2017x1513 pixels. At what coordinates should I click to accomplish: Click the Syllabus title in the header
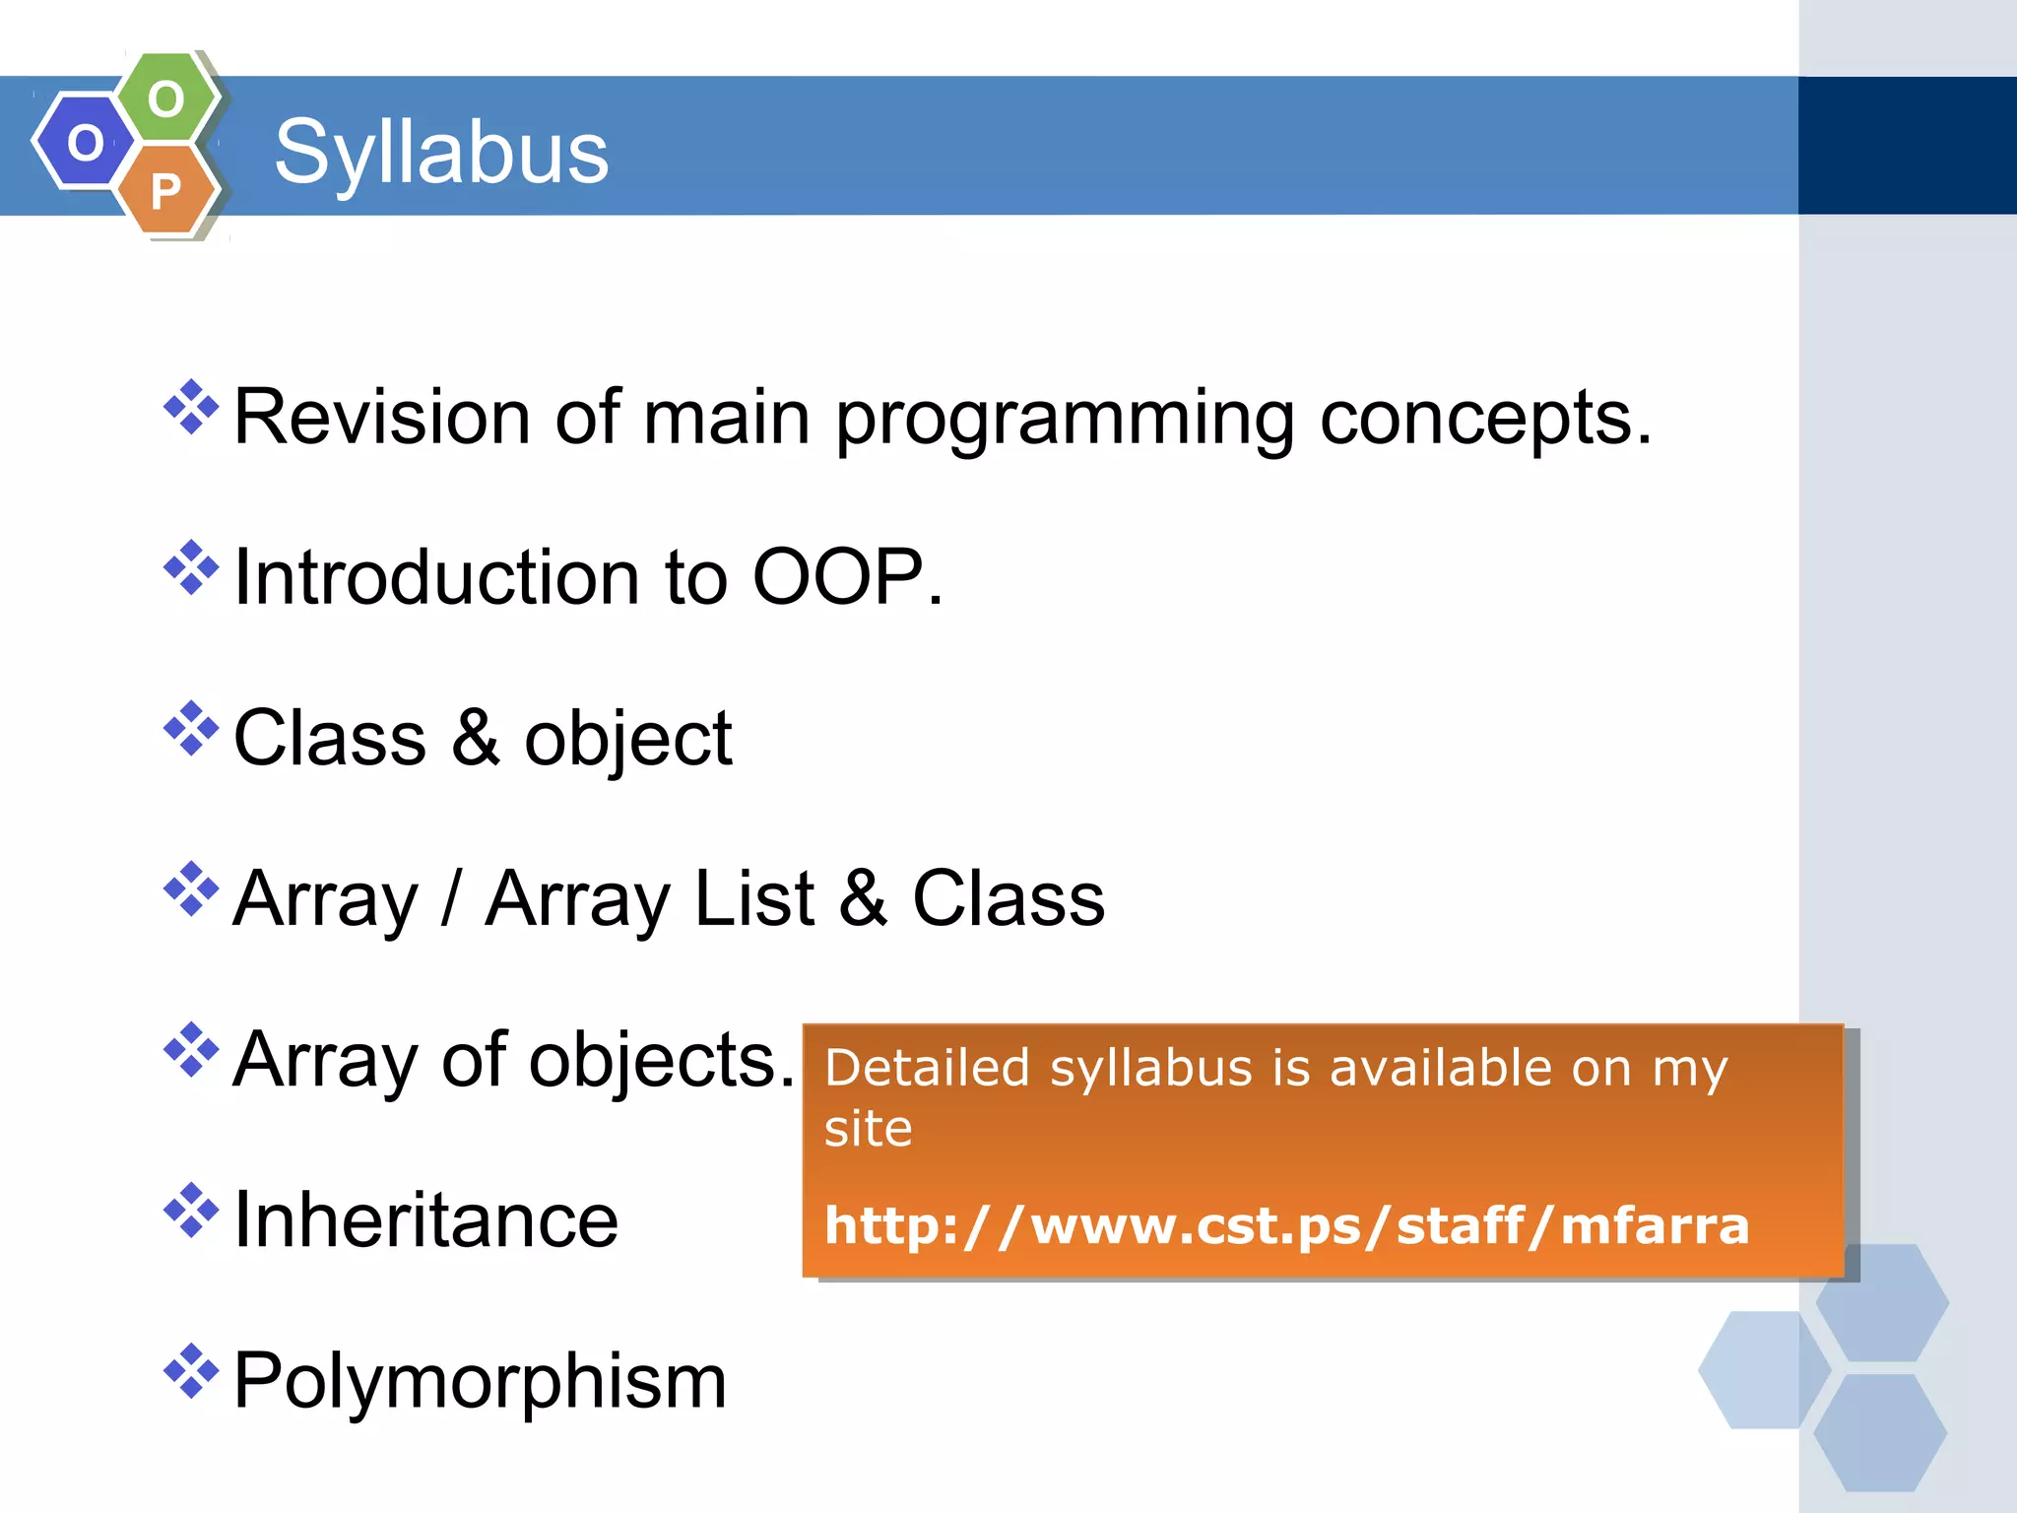(x=441, y=153)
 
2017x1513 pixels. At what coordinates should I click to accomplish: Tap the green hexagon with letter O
(x=166, y=99)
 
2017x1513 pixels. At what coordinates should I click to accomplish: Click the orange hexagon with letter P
(x=166, y=190)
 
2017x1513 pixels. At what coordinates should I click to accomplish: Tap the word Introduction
(x=436, y=577)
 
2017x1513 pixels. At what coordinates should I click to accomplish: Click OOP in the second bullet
(x=837, y=577)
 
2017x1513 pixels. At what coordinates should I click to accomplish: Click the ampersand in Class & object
(x=475, y=738)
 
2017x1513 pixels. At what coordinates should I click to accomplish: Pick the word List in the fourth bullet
(x=754, y=898)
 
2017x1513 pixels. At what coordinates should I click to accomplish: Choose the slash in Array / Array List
(x=450, y=898)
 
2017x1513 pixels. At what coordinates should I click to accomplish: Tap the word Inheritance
(x=425, y=1220)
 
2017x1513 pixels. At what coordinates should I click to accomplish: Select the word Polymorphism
(x=480, y=1381)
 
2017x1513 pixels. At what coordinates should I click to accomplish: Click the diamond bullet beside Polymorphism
(x=191, y=1370)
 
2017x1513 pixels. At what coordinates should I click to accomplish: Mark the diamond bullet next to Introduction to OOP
(x=191, y=567)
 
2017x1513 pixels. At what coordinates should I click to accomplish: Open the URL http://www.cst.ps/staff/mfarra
(x=1286, y=1226)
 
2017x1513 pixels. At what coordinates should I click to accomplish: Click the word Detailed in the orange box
(x=927, y=1069)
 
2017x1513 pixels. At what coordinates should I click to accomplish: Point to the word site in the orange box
(x=868, y=1129)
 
